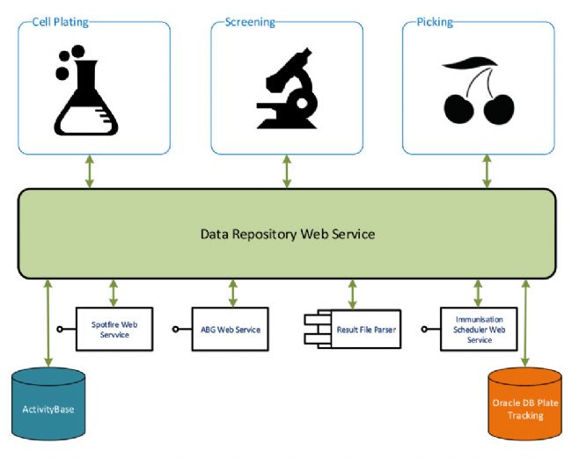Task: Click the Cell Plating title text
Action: (61, 21)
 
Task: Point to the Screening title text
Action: (250, 21)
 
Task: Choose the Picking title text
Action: (435, 21)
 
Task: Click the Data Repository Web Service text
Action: (288, 234)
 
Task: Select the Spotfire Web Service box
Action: (115, 328)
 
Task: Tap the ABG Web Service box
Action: (231, 329)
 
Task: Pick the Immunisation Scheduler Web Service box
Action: (479, 328)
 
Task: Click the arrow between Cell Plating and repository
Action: (90, 171)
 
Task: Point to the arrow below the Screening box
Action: (287, 171)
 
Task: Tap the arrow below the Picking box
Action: (487, 171)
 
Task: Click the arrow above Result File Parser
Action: (353, 293)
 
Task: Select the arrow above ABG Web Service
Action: (232, 293)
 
